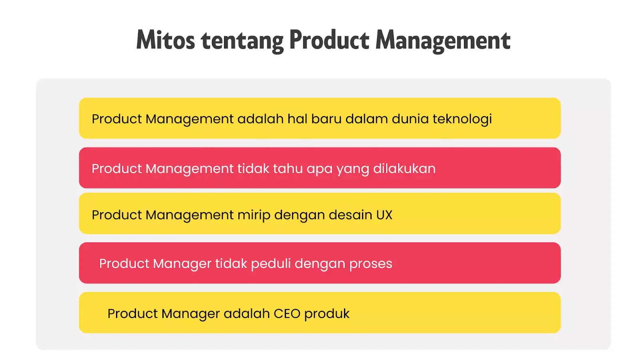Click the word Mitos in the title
pos(165,40)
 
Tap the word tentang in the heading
pos(242,41)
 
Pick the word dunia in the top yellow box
pos(410,119)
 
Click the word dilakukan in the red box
pos(404,168)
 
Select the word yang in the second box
pos(352,169)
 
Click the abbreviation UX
pos(384,215)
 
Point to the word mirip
pos(254,215)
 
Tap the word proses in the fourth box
pos(370,264)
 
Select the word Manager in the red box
pos(182,264)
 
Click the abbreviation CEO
pos(287,314)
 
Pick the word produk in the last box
pos(327,314)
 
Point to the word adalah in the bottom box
pos(246,314)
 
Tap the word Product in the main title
pos(329,40)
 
